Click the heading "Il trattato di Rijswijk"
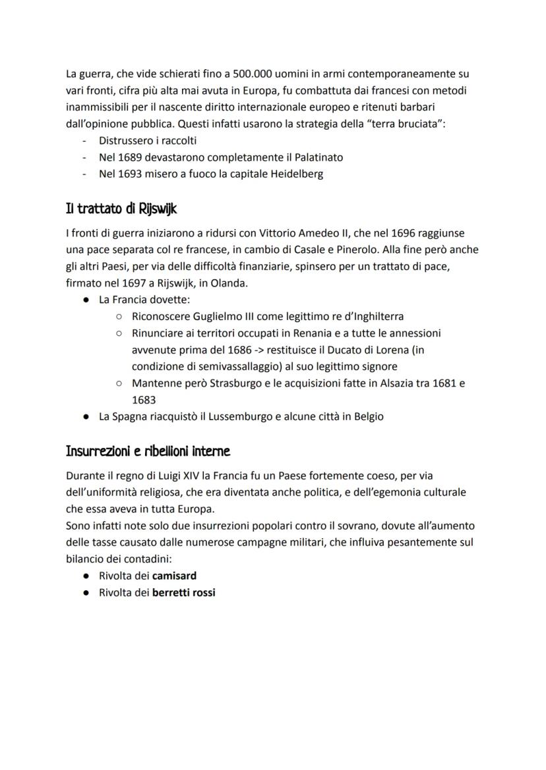tap(121, 209)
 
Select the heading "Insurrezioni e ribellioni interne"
tap(148, 451)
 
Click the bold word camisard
tap(174, 575)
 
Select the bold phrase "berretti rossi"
tap(184, 592)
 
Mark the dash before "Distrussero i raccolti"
tap(84, 141)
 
